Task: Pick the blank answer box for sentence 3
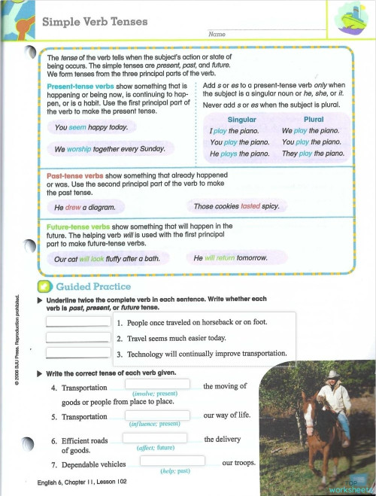[78, 353]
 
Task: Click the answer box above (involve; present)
[154, 385]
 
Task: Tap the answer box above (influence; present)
[154, 415]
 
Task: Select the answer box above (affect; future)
[154, 439]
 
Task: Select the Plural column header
[313, 120]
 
